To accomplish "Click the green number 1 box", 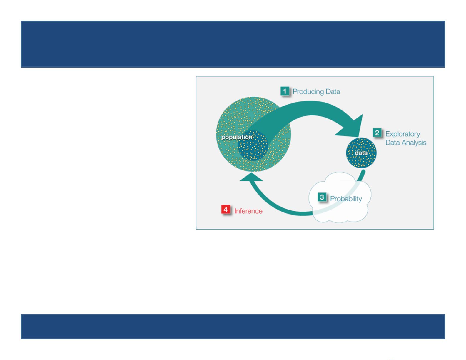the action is pyautogui.click(x=285, y=91).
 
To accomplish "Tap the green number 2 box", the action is pyautogui.click(x=377, y=133).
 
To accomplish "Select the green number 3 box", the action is pyautogui.click(x=322, y=197).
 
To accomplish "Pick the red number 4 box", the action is pyautogui.click(x=226, y=209).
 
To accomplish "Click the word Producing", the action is pyautogui.click(x=308, y=92).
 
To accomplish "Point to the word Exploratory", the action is pyautogui.click(x=403, y=134).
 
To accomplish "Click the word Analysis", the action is pyautogui.click(x=414, y=143).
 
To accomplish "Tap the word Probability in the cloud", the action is pyautogui.click(x=346, y=199).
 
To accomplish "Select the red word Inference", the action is pyautogui.click(x=248, y=211).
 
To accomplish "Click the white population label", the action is pyautogui.click(x=237, y=137).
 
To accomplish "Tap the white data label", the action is pyautogui.click(x=361, y=153).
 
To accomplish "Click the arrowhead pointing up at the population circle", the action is pyautogui.click(x=251, y=177).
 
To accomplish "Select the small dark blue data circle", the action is pyautogui.click(x=361, y=153).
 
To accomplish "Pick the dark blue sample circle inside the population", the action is pyautogui.click(x=253, y=146).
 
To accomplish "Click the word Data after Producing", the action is pyautogui.click(x=333, y=92).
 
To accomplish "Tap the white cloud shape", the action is pyautogui.click(x=340, y=197).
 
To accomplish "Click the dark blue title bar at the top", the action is pyautogui.click(x=233, y=44).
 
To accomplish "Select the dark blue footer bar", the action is pyautogui.click(x=233, y=327).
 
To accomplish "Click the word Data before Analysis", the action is pyautogui.click(x=393, y=143).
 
